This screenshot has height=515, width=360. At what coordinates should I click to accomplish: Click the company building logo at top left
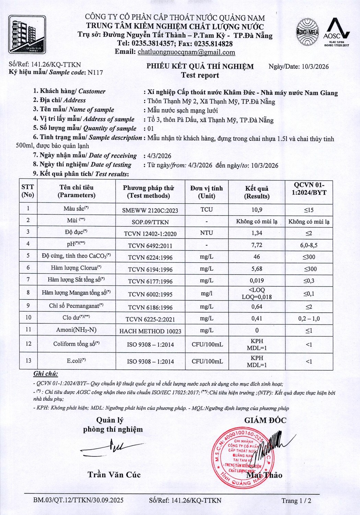(27, 34)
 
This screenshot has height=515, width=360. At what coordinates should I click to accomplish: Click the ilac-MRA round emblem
(307, 32)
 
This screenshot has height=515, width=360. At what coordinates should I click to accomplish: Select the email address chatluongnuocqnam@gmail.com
(186, 52)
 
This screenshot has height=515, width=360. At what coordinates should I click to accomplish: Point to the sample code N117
(95, 72)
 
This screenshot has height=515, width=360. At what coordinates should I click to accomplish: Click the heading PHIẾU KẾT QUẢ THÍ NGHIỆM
(200, 66)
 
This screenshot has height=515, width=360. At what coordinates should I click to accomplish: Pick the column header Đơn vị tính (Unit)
(207, 192)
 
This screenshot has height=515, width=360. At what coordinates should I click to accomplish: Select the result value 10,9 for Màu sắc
(257, 210)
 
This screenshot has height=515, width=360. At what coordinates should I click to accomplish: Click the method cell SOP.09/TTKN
(150, 222)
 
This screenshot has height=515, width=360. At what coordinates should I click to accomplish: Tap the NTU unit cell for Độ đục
(207, 233)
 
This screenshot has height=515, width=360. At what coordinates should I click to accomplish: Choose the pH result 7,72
(257, 245)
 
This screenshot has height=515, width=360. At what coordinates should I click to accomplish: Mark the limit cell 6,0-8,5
(309, 245)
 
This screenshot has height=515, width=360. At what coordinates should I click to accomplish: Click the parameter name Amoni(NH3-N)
(76, 330)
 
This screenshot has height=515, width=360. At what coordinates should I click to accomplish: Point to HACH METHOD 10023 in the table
(150, 331)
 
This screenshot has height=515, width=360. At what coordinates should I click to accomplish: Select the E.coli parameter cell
(76, 361)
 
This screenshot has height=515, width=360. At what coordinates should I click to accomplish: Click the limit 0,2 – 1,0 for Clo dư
(309, 319)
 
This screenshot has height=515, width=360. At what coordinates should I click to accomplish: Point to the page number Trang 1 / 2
(296, 501)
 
